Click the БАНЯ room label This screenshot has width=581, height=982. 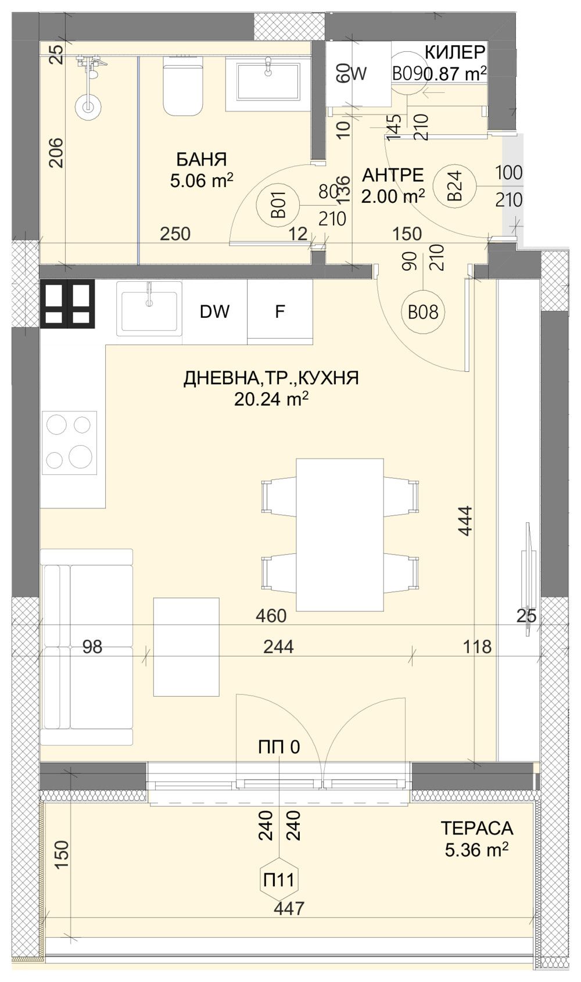coord(201,159)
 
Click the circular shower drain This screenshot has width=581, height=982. coord(88,106)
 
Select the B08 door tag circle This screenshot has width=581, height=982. coord(422,313)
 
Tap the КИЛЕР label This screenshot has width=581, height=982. coord(454,53)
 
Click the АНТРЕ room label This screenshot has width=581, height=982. coord(393,175)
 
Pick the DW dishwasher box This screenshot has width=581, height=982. coord(214,312)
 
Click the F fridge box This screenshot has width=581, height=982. coord(279,312)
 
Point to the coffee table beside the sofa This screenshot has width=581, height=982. coord(186,646)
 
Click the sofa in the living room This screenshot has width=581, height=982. coord(87,646)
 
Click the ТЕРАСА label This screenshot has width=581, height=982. coord(476,827)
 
